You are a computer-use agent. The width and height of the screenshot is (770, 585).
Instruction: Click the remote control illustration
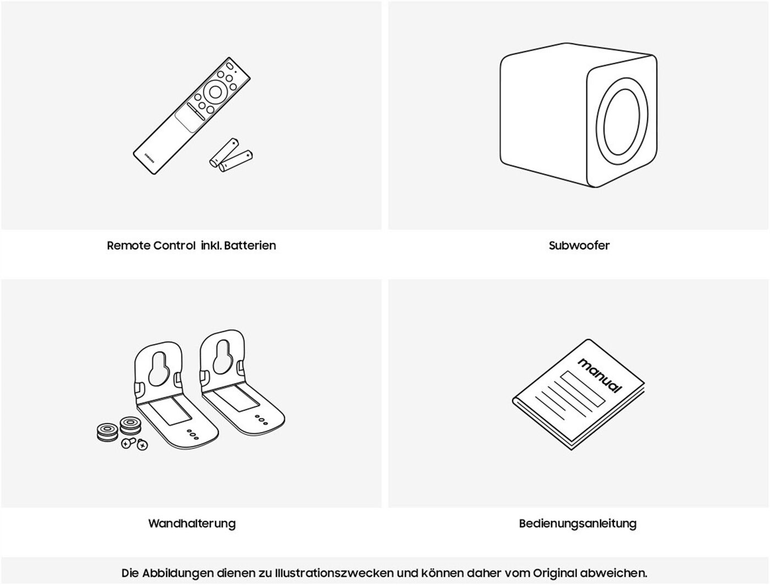point(191,116)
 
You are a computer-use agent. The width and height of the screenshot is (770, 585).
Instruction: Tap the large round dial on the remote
point(215,92)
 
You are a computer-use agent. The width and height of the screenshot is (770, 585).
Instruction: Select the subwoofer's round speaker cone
point(622,122)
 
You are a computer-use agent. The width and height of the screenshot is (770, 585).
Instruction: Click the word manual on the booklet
point(599,375)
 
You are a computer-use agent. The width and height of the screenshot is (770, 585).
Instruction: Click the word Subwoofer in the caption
point(579,245)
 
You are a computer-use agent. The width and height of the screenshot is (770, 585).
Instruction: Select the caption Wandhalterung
point(192,523)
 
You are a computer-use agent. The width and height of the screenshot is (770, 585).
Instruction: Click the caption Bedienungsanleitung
point(577,523)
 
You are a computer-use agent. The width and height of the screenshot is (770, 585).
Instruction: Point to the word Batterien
point(250,245)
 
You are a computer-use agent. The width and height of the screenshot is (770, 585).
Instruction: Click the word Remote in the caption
point(129,245)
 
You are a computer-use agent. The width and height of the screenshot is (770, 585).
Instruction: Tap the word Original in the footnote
point(555,573)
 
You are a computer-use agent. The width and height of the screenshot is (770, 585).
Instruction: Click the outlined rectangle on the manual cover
point(582,389)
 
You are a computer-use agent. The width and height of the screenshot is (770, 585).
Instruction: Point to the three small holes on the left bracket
point(193,434)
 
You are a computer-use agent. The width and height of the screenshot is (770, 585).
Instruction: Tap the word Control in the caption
point(174,245)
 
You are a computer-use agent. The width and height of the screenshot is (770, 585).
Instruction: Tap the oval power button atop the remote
point(230,66)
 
